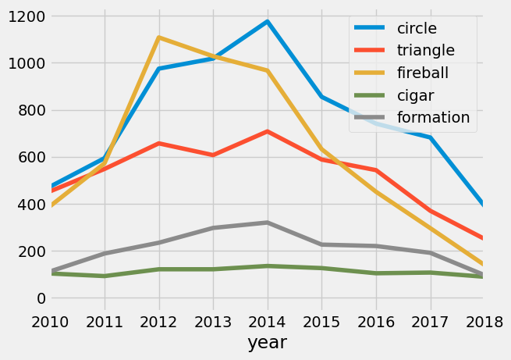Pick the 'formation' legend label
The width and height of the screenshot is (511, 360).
coord(434,117)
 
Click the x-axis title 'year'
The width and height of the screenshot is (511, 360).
coord(268,342)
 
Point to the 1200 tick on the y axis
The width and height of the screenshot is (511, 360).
coord(25,16)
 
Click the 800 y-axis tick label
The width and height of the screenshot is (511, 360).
coord(30,110)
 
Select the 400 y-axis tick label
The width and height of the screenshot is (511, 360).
coord(30,205)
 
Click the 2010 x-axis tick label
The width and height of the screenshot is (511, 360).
coord(51,323)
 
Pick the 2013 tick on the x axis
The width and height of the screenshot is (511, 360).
coord(213,323)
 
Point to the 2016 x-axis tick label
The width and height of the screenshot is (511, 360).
coord(376,323)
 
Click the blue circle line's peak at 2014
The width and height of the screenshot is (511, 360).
coord(268,22)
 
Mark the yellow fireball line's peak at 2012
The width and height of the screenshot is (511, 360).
coord(159,37)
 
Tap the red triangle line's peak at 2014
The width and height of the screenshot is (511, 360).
coord(268,132)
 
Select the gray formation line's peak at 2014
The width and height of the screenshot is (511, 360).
coord(268,223)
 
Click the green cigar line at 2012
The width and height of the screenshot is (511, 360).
coord(159,269)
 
